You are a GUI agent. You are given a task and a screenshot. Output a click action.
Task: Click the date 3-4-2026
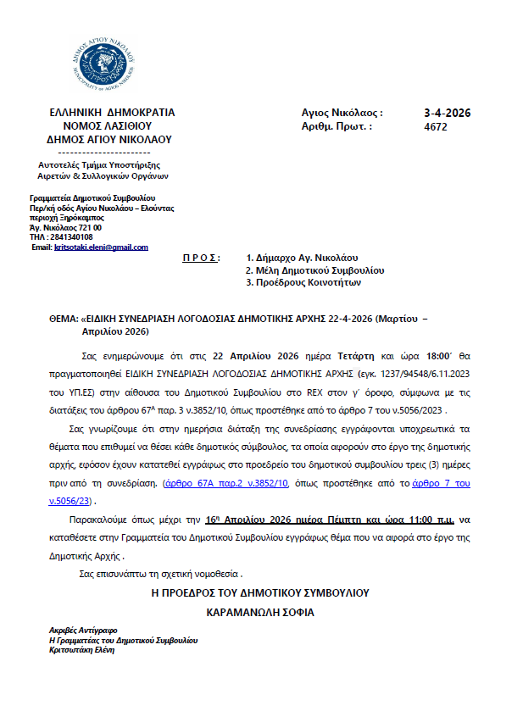pos(447,113)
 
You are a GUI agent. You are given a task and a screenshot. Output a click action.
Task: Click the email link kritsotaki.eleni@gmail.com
pos(101,247)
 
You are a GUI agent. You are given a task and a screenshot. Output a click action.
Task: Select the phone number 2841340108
pos(70,237)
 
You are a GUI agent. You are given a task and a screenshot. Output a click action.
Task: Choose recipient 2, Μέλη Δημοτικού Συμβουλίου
pos(314,270)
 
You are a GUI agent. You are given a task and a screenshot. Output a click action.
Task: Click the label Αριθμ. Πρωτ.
pos(337,127)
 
